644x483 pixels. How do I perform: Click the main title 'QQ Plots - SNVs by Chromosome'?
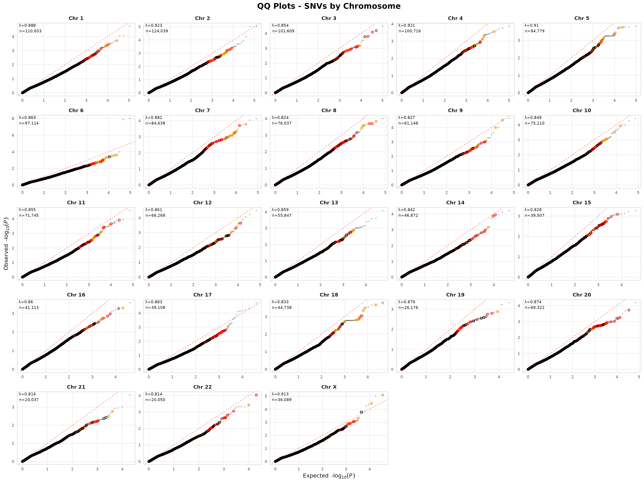pyautogui.click(x=329, y=6)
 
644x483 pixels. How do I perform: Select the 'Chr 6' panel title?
pyautogui.click(x=76, y=110)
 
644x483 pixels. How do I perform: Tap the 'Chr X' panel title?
pyautogui.click(x=329, y=387)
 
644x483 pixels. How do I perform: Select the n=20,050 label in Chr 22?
pyautogui.click(x=155, y=400)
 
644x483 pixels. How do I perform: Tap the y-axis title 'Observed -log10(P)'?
pyautogui.click(x=6, y=243)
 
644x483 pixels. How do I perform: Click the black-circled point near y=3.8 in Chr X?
pyautogui.click(x=361, y=412)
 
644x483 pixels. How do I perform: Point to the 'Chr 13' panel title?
pyautogui.click(x=329, y=203)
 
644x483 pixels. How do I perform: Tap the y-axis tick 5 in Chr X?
pyautogui.click(x=266, y=396)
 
